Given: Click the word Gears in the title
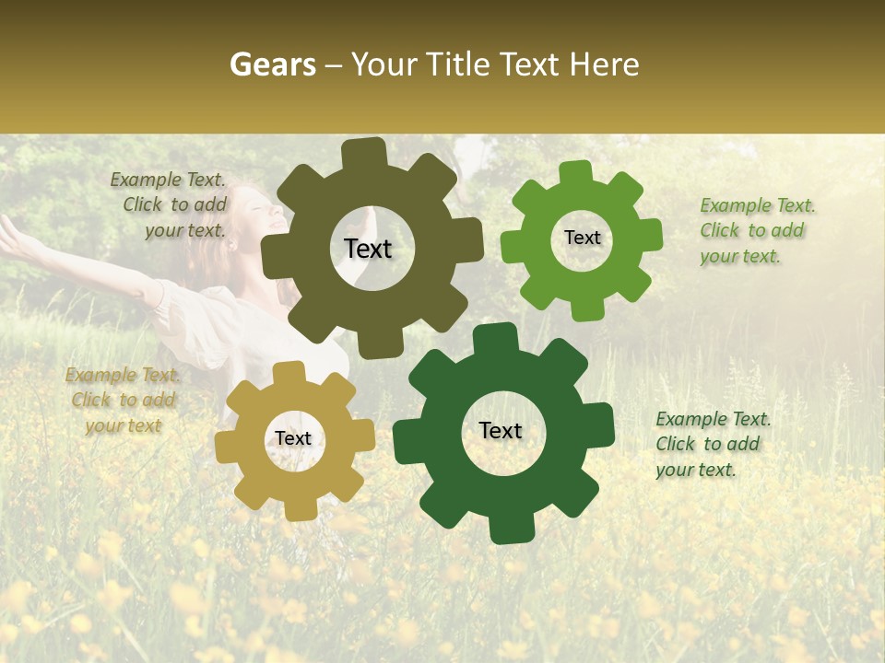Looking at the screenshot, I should (x=272, y=64).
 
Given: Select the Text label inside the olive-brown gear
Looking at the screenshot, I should (x=368, y=249).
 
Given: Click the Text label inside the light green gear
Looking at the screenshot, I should (x=582, y=238).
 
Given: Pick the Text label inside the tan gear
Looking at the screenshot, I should (x=293, y=438).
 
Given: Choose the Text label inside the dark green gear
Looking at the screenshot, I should (x=501, y=430).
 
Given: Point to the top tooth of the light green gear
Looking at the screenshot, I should (x=576, y=172).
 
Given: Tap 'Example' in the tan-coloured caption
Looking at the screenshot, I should (x=101, y=375).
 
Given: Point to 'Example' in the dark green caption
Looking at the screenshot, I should (x=691, y=419).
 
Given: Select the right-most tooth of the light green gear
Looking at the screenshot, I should (x=652, y=235).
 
